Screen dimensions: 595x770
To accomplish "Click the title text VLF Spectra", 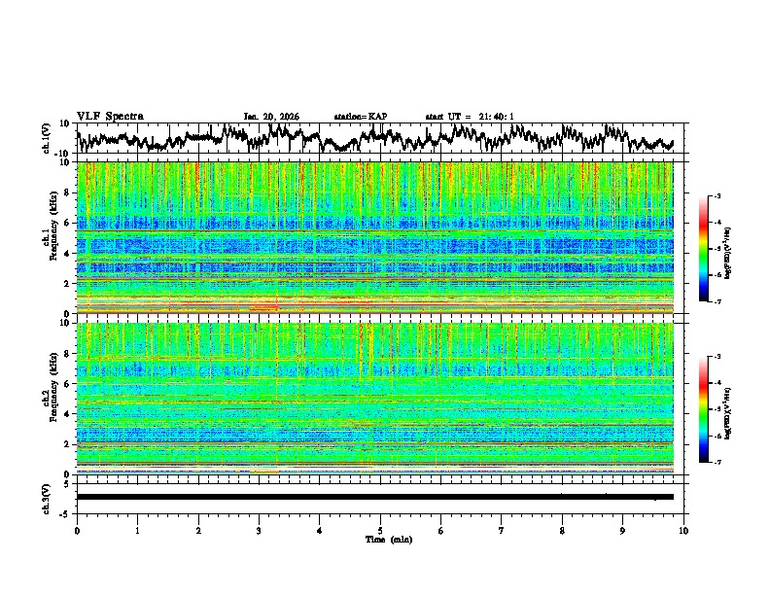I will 110,116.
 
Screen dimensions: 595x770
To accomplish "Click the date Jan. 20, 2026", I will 271,117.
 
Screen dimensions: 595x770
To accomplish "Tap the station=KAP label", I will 360,117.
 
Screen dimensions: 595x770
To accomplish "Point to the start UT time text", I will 470,117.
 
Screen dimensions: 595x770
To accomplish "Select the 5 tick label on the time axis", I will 380,530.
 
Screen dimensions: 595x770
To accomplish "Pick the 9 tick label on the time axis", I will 623,530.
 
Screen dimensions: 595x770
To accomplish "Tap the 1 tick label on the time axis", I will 137,530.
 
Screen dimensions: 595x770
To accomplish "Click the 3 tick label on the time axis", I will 259,530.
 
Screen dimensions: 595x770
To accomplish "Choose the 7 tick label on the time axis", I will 502,530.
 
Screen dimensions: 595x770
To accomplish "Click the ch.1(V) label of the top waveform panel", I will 47,138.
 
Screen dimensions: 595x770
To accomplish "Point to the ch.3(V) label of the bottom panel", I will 47,496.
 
